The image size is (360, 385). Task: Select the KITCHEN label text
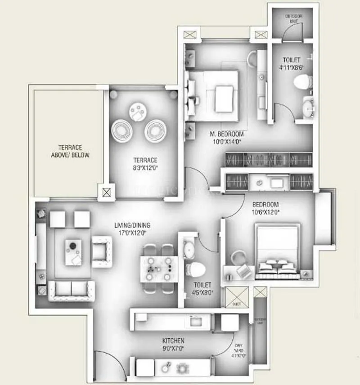pyautogui.click(x=174, y=341)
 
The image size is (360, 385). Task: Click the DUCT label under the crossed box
pyautogui.click(x=237, y=304)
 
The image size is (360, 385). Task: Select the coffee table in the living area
pyautogui.click(x=73, y=252)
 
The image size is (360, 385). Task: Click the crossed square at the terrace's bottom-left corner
pyautogui.click(x=106, y=192)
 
